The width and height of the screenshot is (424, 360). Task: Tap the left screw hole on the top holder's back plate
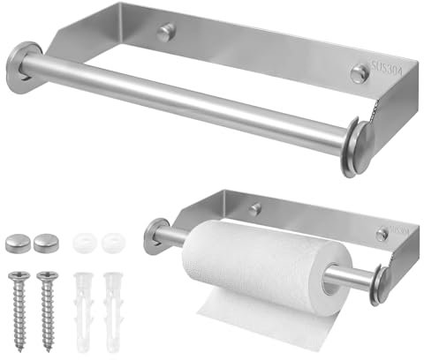pos(166,33)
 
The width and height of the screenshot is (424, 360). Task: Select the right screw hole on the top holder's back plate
pos(358,75)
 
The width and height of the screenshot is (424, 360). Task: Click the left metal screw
pos(19,305)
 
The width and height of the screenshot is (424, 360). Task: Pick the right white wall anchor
pos(113,310)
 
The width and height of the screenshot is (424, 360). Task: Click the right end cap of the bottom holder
pos(382,288)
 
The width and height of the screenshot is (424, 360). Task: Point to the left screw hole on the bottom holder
pos(254,209)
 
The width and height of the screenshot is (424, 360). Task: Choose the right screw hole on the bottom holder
pos(381,236)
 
